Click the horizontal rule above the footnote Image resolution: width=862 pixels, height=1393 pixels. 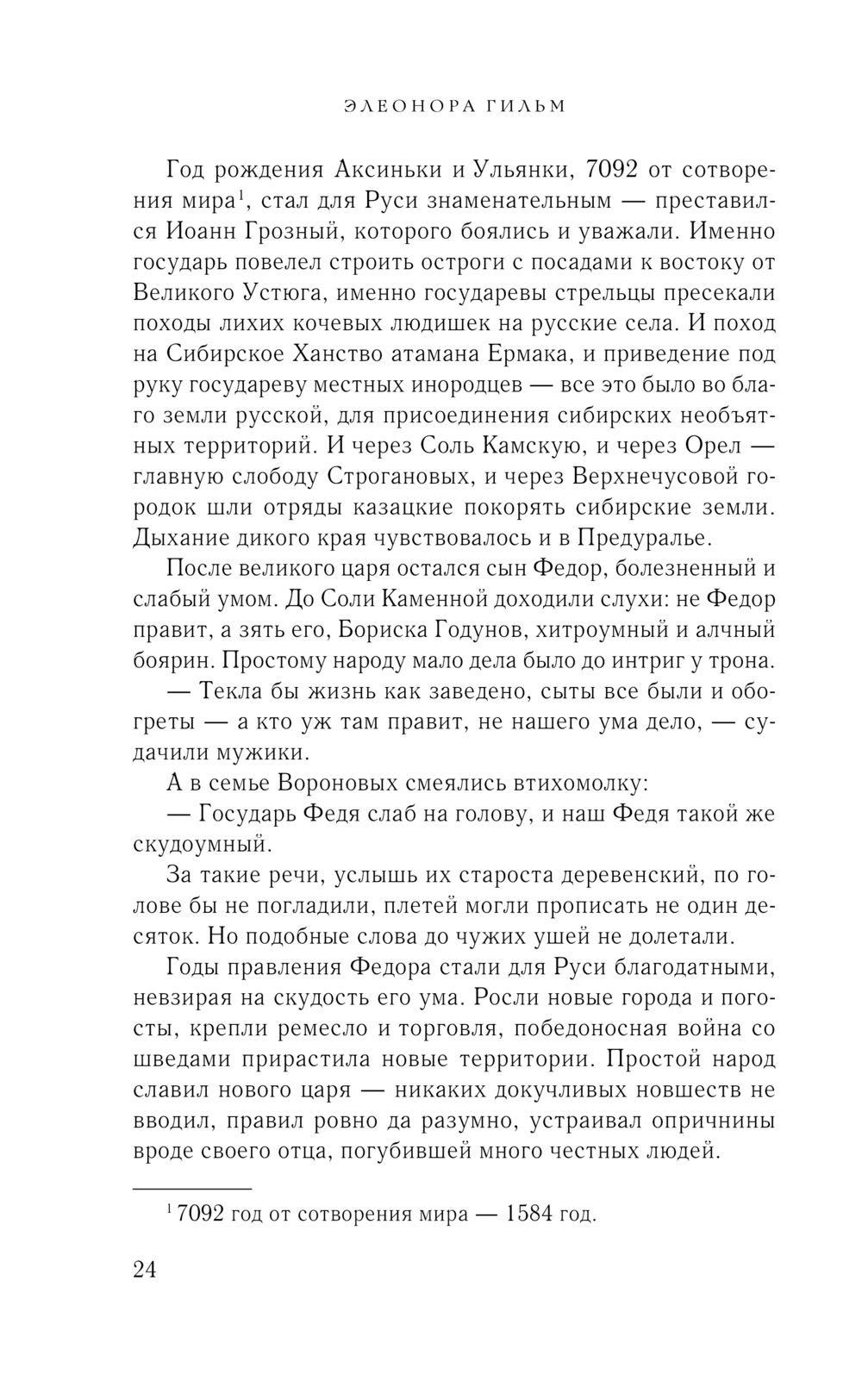[x=191, y=1188]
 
